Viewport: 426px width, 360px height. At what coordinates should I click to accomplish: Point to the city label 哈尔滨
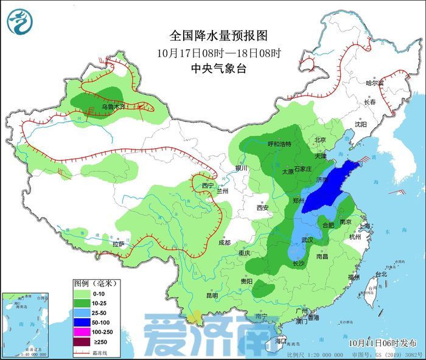tap(375, 83)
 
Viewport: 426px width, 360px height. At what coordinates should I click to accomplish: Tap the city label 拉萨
tap(118, 244)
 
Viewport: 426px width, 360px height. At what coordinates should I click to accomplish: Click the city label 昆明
tap(211, 296)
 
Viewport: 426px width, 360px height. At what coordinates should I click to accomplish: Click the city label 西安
tap(262, 207)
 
